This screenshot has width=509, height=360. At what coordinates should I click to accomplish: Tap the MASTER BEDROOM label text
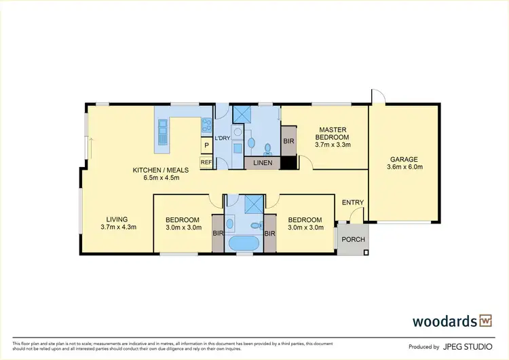332,134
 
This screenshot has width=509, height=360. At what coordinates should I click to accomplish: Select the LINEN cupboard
262,163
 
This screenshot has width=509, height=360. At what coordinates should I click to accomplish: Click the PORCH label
352,240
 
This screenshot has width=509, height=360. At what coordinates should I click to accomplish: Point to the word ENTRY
352,202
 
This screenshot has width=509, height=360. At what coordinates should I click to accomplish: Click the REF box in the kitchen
206,162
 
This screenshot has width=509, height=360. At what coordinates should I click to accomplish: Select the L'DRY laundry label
222,139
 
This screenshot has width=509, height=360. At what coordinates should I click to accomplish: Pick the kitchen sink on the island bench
163,132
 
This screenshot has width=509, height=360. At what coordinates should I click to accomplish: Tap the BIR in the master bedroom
288,141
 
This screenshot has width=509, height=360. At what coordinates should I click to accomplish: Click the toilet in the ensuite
268,147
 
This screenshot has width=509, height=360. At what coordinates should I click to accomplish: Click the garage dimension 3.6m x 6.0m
404,166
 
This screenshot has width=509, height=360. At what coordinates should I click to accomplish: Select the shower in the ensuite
242,113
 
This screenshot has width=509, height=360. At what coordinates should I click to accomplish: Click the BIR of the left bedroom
217,234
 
